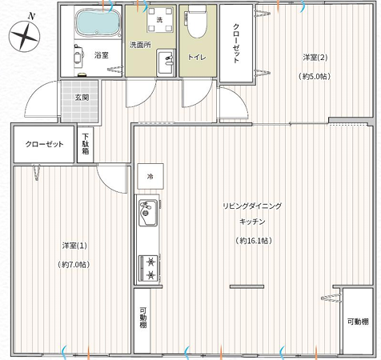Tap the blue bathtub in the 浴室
[x=98, y=22]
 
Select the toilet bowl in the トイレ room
[x=197, y=22]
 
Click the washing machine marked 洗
[x=160, y=19]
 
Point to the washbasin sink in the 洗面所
[x=166, y=62]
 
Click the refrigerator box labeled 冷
[x=150, y=176]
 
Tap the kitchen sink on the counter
[x=148, y=213]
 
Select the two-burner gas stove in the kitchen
[x=149, y=269]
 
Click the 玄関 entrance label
[x=82, y=98]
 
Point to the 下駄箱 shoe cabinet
[x=86, y=144]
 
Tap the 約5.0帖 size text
[x=315, y=77]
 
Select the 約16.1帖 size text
[x=254, y=241]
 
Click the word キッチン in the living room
[x=252, y=222]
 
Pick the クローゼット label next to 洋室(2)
[x=236, y=43]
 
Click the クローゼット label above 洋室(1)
[x=45, y=144]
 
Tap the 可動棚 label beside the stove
[x=143, y=318]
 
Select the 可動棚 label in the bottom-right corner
[x=358, y=322]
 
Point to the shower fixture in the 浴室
[x=78, y=55]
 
